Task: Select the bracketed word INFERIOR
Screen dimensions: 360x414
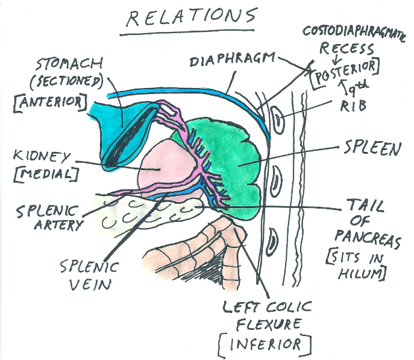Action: point(265,344)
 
